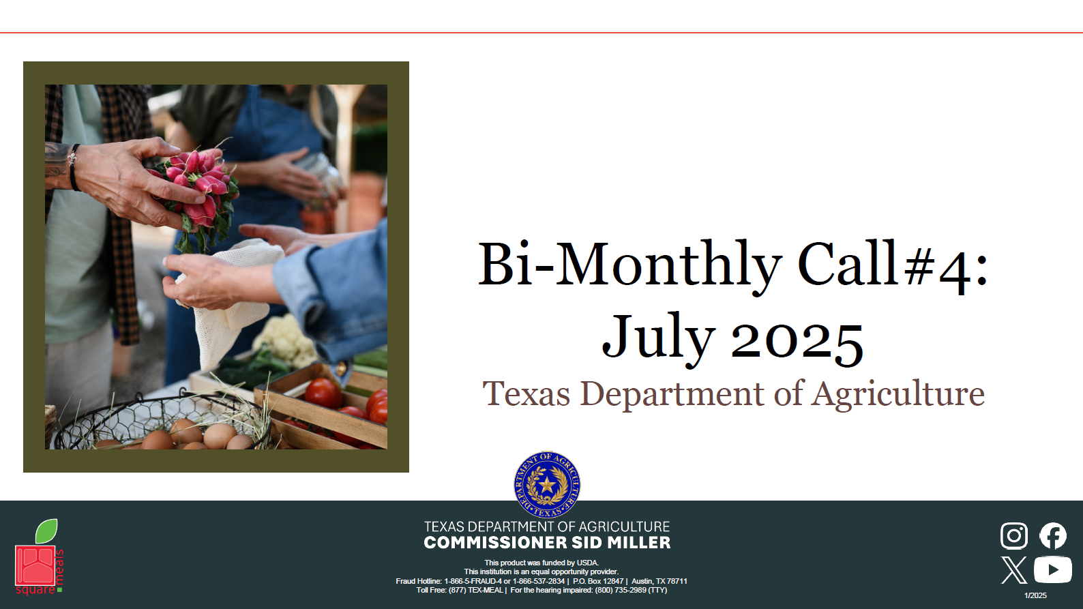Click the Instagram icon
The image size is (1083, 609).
tap(1014, 535)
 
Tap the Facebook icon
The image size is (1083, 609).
tap(1053, 535)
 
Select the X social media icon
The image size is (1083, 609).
tap(1014, 570)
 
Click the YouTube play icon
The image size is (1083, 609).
tap(1052, 570)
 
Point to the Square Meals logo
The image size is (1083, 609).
tap(39, 556)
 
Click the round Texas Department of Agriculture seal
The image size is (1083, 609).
tap(547, 485)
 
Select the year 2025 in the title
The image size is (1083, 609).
tap(797, 341)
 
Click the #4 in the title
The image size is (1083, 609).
tap(937, 269)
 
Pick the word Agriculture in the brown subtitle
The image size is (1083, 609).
tap(897, 395)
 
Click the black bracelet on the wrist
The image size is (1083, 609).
tap(74, 167)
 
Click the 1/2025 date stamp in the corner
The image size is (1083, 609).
tap(1036, 595)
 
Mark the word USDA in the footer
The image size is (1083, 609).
tap(587, 563)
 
